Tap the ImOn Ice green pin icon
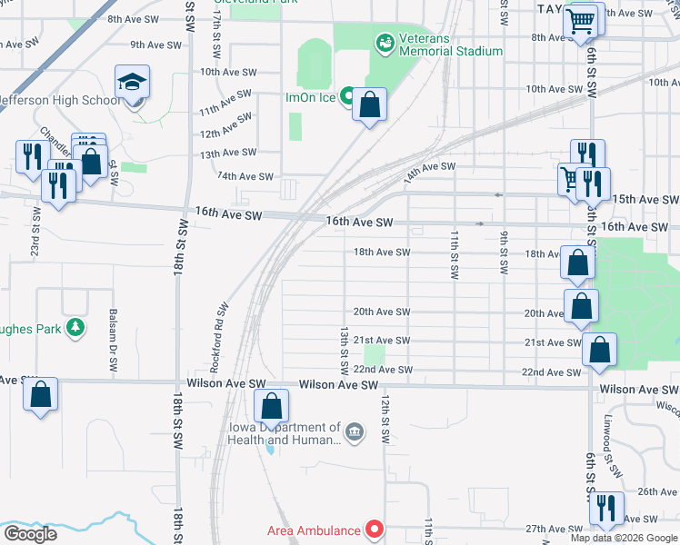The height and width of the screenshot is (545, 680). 347,95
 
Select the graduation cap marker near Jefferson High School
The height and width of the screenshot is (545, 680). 133,84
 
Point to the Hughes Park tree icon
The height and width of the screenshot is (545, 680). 78,327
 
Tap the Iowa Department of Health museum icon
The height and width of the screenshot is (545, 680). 355,430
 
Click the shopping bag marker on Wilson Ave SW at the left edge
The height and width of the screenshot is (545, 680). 40,395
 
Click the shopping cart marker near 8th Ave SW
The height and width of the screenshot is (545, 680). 580,21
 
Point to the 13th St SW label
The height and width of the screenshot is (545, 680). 345,352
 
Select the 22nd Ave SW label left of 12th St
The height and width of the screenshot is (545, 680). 384,370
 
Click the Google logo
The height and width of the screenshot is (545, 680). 30,534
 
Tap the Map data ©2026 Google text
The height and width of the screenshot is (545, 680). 624,538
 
